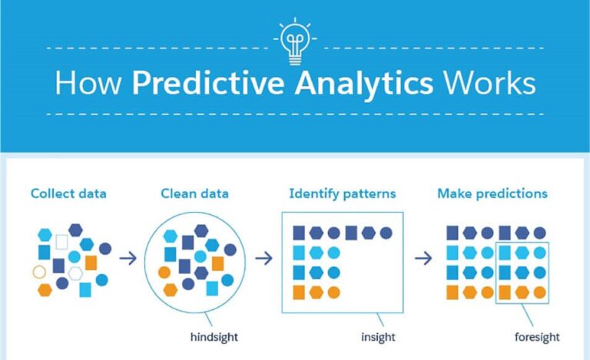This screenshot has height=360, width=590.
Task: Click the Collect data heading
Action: pyautogui.click(x=68, y=193)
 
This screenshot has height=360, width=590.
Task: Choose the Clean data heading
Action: pyautogui.click(x=194, y=193)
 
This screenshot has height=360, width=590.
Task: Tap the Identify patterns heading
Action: pyautogui.click(x=342, y=193)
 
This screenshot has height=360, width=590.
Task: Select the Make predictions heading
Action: pyautogui.click(x=492, y=193)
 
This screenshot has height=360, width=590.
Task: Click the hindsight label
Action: pyautogui.click(x=214, y=336)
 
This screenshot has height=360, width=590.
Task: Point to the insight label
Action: pyautogui.click(x=378, y=336)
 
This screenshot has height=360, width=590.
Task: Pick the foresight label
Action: pyautogui.click(x=537, y=336)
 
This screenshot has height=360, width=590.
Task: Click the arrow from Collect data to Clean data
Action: pyautogui.click(x=128, y=258)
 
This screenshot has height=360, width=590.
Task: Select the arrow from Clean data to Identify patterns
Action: pyautogui.click(x=264, y=258)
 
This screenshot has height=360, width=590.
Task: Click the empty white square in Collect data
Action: pyautogui.click(x=62, y=242)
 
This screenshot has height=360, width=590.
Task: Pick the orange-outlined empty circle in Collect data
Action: pyautogui.click(x=39, y=272)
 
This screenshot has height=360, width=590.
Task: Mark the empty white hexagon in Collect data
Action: pyautogui.click(x=75, y=272)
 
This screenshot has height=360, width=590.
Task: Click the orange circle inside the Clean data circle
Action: pyautogui.click(x=164, y=272)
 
